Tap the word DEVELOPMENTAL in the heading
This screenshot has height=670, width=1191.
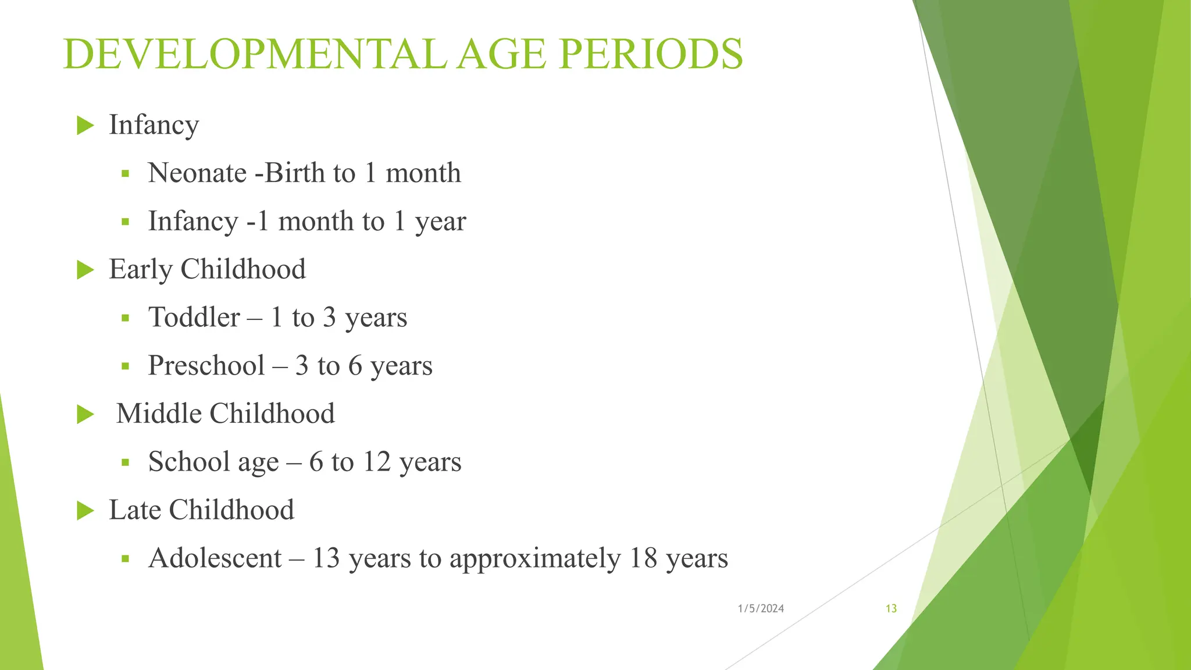pyautogui.click(x=255, y=54)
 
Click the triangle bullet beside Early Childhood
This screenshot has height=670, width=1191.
pyautogui.click(x=85, y=270)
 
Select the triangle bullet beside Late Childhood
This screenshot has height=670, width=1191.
pyautogui.click(x=85, y=511)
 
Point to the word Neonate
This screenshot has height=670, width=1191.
pyautogui.click(x=197, y=173)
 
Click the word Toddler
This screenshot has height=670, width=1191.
pyautogui.click(x=194, y=318)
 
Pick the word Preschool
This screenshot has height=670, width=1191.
pyautogui.click(x=206, y=366)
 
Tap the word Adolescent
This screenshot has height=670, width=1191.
pyautogui.click(x=215, y=558)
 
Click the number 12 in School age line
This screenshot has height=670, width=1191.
pyautogui.click(x=376, y=462)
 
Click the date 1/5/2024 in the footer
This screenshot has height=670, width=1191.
pyautogui.click(x=761, y=608)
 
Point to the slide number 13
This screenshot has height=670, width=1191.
pyautogui.click(x=891, y=608)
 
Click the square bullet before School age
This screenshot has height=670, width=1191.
pyautogui.click(x=125, y=463)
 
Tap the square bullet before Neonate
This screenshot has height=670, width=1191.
pyautogui.click(x=125, y=174)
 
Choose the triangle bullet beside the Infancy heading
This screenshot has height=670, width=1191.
pyautogui.click(x=85, y=125)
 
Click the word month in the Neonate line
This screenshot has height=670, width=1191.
pyautogui.click(x=423, y=173)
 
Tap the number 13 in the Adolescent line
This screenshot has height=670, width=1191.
pyautogui.click(x=326, y=558)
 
